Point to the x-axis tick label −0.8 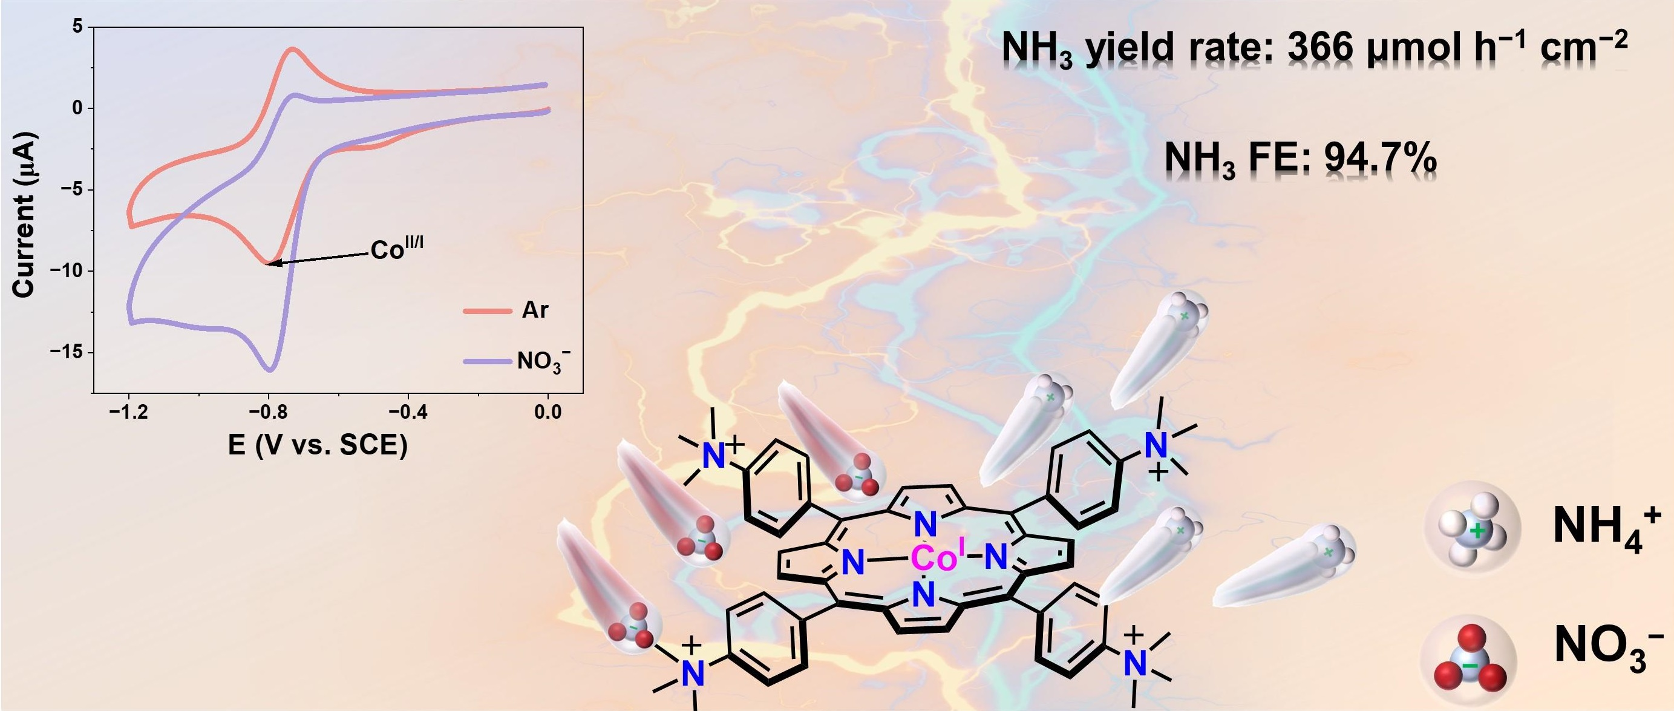click(268, 412)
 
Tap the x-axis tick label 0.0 click(548, 412)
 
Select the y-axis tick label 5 click(79, 27)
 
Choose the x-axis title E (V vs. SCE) click(318, 445)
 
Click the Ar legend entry click(535, 310)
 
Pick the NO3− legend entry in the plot click(543, 361)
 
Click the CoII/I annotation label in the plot click(396, 249)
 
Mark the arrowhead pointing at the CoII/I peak click(270, 263)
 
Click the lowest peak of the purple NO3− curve click(270, 370)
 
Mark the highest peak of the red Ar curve click(294, 49)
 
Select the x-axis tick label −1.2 click(128, 412)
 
